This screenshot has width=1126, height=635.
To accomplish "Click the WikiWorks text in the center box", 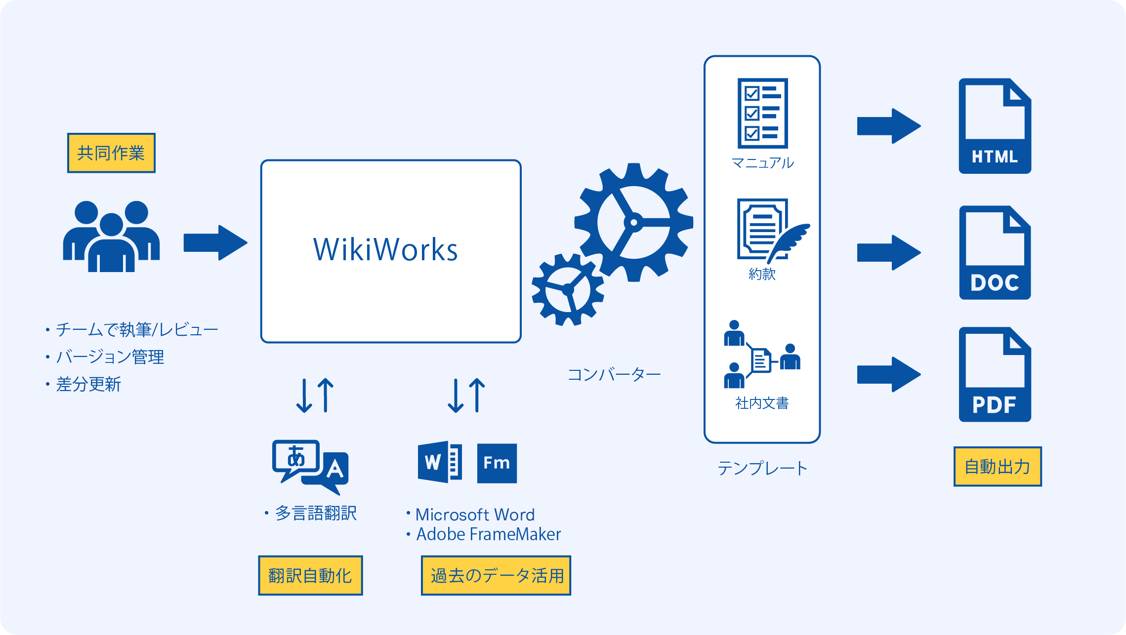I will coord(385,250).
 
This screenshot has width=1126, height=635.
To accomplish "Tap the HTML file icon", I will coord(995,126).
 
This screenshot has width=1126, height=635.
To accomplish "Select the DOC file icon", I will coord(995,253).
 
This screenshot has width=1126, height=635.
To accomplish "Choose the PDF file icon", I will coord(995,375).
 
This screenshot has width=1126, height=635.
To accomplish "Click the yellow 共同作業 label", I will coord(111,153).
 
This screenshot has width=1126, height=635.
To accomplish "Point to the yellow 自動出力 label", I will coord(997,467).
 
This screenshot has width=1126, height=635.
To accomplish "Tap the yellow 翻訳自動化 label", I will coord(310,575).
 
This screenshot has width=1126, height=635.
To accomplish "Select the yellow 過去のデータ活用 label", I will coord(496,575).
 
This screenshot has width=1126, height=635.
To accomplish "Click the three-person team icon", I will coord(111,236).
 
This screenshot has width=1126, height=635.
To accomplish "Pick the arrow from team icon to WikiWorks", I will coord(215,242).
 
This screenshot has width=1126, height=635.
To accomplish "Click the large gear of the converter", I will coord(633,223).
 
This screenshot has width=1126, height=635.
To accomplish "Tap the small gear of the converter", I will coord(568,290).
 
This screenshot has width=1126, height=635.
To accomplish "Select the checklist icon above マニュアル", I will coord(762,113).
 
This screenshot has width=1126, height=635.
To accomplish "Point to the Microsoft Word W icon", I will coord(440,462).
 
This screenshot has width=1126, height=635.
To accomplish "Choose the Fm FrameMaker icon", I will coord(497,463).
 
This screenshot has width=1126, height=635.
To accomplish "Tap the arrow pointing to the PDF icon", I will coord(888,375).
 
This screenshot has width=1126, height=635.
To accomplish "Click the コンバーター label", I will coord(614,375).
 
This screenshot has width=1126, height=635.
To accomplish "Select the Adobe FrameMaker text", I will coord(488,534).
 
